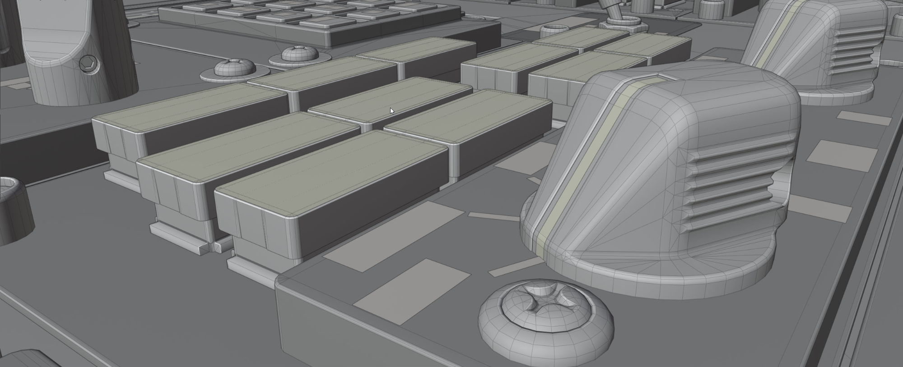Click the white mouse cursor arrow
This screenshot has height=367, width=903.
pyautogui.click(x=392, y=111)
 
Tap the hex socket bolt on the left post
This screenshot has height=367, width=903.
pyautogui.click(x=88, y=64)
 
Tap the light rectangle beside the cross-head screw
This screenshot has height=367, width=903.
pyautogui.click(x=411, y=291)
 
